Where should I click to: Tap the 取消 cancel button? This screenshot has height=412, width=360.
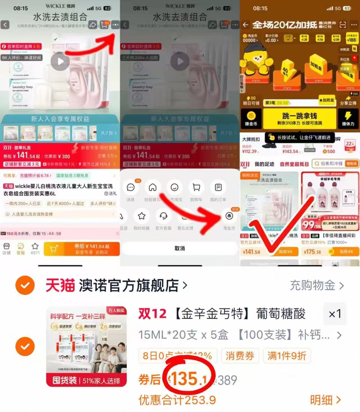[180, 248]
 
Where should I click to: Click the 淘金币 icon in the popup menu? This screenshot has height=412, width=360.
[229, 216]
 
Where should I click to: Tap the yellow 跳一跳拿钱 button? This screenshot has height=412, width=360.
[299, 118]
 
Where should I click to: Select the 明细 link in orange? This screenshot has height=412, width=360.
[325, 400]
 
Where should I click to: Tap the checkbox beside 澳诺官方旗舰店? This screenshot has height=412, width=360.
[25, 285]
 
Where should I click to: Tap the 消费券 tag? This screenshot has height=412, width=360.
[240, 356]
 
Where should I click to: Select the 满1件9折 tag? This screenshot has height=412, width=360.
[287, 356]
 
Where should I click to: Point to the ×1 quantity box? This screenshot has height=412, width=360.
[335, 314]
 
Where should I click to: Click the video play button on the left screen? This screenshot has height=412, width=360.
[60, 61]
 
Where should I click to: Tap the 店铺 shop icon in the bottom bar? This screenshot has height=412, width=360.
[6, 248]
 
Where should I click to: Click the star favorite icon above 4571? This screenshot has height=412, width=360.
[35, 246]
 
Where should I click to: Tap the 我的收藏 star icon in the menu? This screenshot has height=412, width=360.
[142, 216]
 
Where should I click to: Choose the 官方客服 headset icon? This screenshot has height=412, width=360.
[163, 216]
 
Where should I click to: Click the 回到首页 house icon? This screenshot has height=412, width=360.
[153, 188]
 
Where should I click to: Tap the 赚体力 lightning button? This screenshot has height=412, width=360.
[348, 118]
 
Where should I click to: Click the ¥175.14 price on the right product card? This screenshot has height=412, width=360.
[312, 252]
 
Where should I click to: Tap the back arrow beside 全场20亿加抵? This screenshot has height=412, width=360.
[245, 25]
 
